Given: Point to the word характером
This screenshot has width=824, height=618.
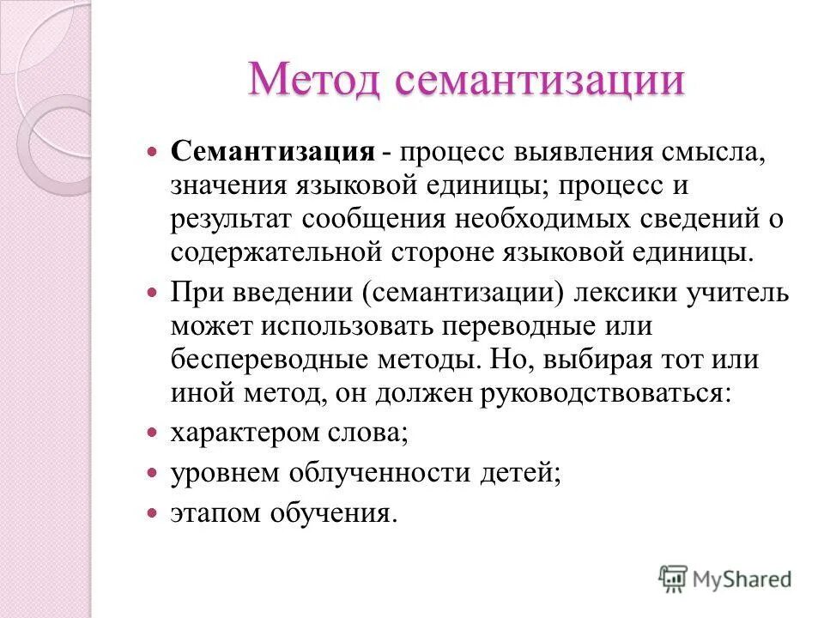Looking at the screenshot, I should click(237, 432).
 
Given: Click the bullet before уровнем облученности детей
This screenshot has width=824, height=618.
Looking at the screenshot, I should click(153, 473).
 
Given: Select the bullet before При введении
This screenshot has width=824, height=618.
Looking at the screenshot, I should click(153, 294).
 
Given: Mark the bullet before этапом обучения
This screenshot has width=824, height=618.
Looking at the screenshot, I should click(153, 513).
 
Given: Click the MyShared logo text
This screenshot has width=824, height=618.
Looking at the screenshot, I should click(742, 579).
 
